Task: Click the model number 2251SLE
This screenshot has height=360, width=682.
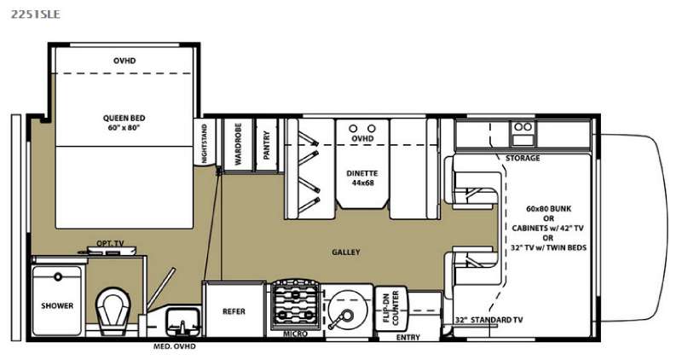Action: pos(36,15)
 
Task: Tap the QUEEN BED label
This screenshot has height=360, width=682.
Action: pos(124,118)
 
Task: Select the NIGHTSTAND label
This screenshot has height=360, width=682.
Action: pos(205,143)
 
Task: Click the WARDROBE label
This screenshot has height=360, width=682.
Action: pos(238,144)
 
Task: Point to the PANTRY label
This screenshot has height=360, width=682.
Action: pos(267,145)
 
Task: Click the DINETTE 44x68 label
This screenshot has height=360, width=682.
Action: pos(362,177)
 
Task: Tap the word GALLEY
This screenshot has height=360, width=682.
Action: pos(346,252)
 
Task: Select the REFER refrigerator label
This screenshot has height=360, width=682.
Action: pos(234,311)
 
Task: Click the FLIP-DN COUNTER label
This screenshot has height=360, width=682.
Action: pos(390,307)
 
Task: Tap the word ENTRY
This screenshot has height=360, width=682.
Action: pos(408,337)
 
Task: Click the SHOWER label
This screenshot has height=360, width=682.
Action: pos(57,305)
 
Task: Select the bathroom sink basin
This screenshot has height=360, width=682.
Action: pos(183,322)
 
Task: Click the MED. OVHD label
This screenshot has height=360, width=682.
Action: pos(175,346)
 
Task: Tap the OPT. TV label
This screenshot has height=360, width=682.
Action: pos(110,243)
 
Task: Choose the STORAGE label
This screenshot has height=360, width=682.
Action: pos(523,158)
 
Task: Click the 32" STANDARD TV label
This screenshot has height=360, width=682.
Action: pos(488,320)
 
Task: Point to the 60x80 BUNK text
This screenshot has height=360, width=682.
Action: pos(548,208)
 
